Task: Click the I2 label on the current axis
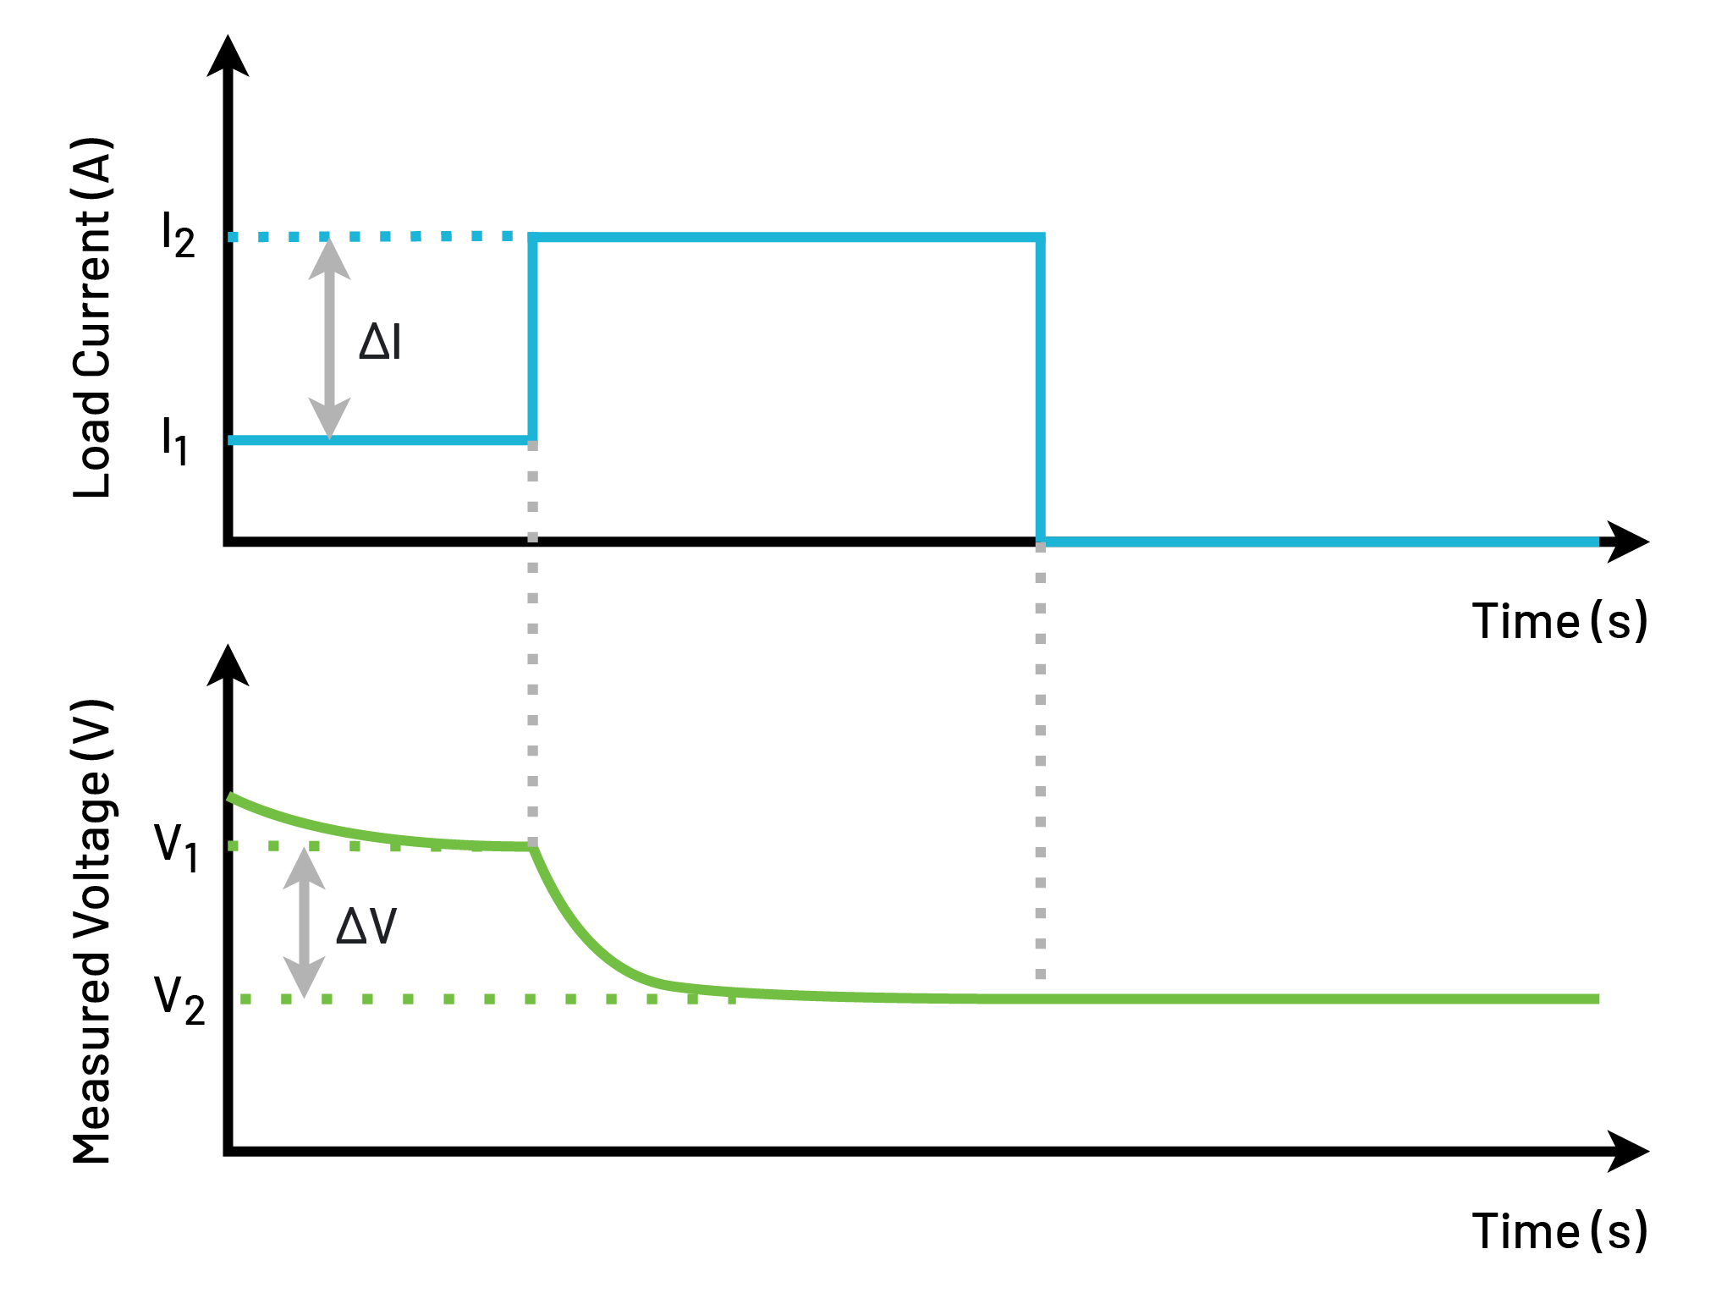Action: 178,236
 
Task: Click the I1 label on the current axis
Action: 174,440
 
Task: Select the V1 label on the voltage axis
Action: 176,846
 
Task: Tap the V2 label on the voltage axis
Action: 179,999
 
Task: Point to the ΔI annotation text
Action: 380,343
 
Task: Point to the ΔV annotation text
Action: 366,926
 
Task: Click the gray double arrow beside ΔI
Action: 329,338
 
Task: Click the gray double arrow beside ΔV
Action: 304,922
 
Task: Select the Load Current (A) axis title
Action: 93,317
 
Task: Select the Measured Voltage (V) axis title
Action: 93,931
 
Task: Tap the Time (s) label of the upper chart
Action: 1559,621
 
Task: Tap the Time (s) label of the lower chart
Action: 1559,1230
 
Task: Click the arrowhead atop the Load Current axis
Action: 228,58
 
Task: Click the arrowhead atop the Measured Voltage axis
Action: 228,667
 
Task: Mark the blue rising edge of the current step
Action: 532,338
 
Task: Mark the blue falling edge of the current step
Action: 1040,389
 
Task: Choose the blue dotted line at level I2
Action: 381,237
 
